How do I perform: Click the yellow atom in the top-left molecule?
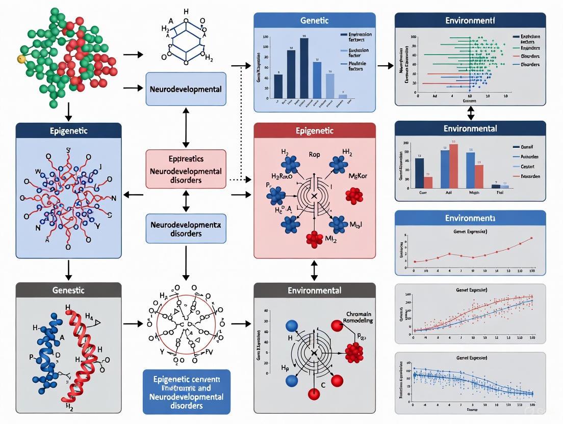pos(21,59)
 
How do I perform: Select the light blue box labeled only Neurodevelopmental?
pos(186,89)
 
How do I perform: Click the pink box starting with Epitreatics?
pos(186,169)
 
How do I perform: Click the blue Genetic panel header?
pos(315,21)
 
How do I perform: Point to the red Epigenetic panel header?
pos(315,130)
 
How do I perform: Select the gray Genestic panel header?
pos(69,290)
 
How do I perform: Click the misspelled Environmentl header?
pos(470,21)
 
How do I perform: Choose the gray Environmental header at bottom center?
pos(315,290)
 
